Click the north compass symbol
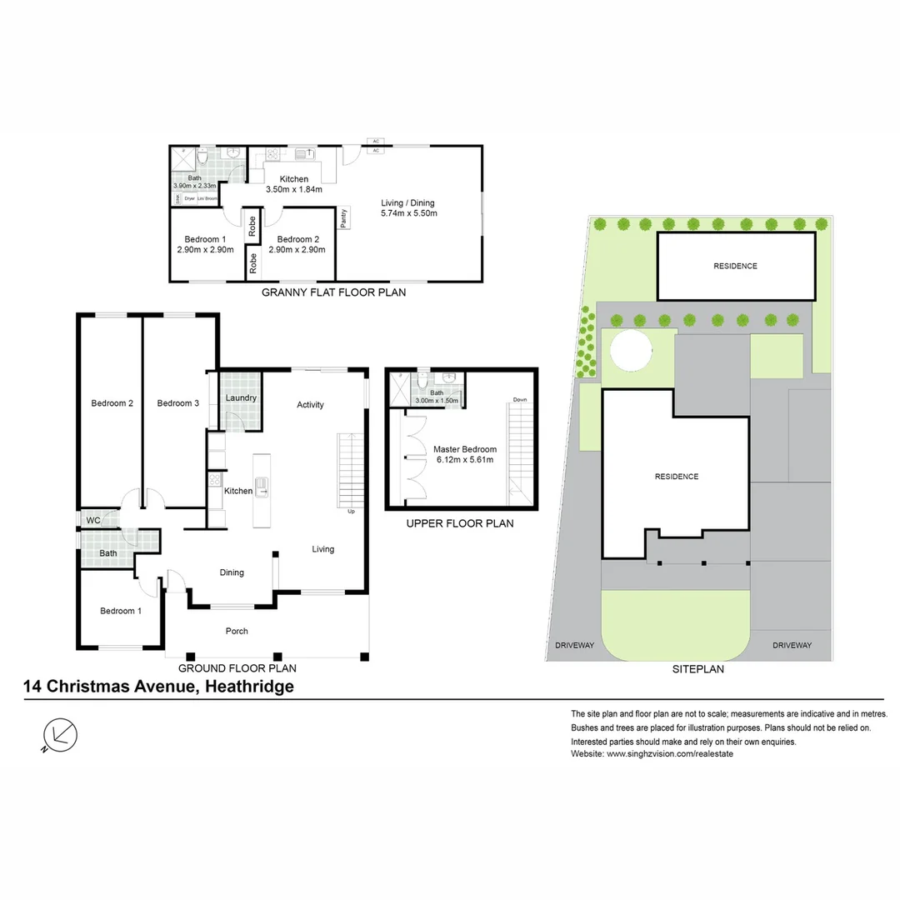pyautogui.click(x=60, y=734)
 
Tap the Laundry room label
pyautogui.click(x=241, y=398)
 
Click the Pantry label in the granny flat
pyautogui.click(x=343, y=217)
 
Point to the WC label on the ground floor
pyautogui.click(x=92, y=521)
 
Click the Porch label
pyautogui.click(x=237, y=631)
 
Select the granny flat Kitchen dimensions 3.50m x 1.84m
pyautogui.click(x=293, y=189)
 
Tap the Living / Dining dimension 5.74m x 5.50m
pyautogui.click(x=408, y=213)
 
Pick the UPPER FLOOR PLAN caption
pyautogui.click(x=459, y=524)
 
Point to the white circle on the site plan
pyautogui.click(x=632, y=350)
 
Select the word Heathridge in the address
pyautogui.click(x=246, y=687)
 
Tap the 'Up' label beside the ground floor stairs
pyautogui.click(x=351, y=512)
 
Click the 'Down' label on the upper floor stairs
pyautogui.click(x=520, y=399)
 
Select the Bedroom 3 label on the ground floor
pyautogui.click(x=177, y=403)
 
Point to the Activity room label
pyautogui.click(x=310, y=405)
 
